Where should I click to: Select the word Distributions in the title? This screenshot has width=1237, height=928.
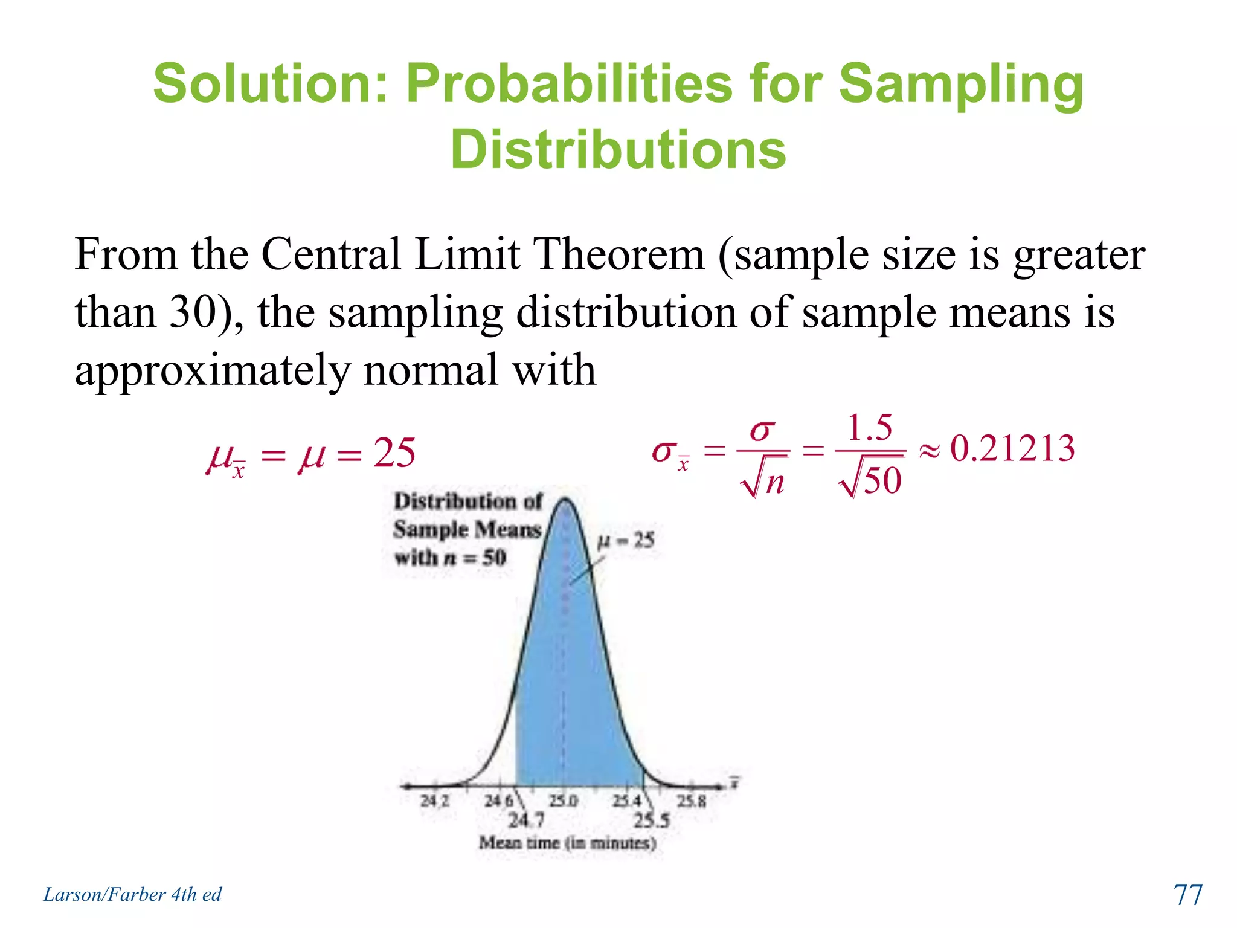[618, 149]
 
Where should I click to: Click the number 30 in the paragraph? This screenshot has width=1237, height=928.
[192, 312]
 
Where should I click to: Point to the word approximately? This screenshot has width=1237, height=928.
[212, 370]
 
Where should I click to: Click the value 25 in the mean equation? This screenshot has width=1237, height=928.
[394, 453]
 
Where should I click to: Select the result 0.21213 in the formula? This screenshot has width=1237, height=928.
[1012, 449]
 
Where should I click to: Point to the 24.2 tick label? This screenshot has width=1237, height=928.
[435, 801]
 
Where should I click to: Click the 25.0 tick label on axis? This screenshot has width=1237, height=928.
[563, 801]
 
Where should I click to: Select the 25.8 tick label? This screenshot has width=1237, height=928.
[691, 801]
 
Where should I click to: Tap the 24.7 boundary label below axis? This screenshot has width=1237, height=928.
[525, 820]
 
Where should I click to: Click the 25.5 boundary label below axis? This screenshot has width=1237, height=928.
[652, 820]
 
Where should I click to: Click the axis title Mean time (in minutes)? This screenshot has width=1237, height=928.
[567, 842]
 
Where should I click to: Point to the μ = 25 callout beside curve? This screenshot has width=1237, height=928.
[626, 540]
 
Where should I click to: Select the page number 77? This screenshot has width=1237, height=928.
[1188, 895]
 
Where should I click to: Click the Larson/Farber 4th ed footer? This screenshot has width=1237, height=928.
[132, 894]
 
